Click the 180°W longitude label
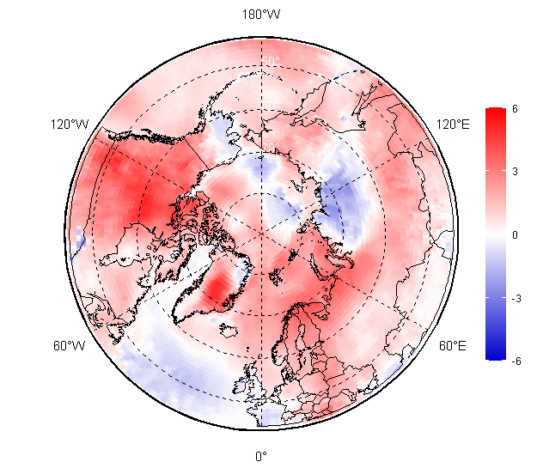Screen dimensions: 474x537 pos(262,15)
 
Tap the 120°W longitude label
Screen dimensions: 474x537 pos(70,125)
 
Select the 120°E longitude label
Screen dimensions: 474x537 pos(453,125)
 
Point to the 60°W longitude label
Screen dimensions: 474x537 pos(70,346)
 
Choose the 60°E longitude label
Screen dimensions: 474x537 pos(453,346)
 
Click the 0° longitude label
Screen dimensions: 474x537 pos(261,456)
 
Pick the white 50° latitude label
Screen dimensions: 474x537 pos(270,61)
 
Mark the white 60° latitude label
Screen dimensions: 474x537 pos(269,105)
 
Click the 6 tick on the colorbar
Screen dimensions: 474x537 pos(514,109)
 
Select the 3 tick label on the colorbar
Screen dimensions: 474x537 pos(514,172)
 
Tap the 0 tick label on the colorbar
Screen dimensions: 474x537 pos(514,234)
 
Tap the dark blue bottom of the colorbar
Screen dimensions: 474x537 pos(495,354)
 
